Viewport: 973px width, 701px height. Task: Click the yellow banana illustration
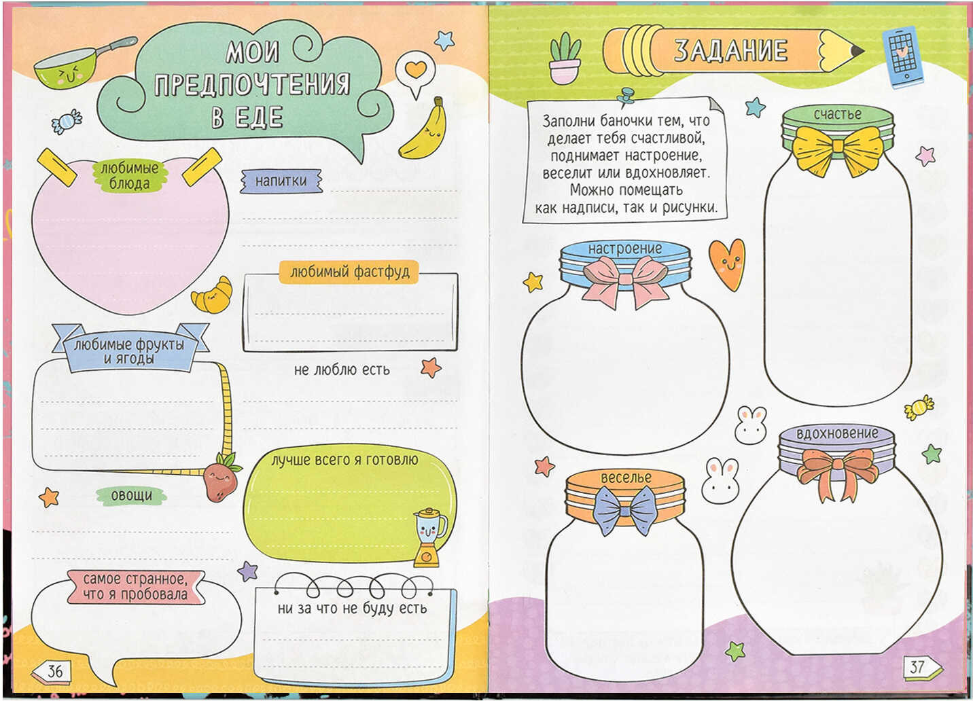423,130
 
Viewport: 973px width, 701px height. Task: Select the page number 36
55,671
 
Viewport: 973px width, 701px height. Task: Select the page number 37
917,666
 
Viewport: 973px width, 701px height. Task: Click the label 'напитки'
281,181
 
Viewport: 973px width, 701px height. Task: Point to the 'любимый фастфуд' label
349,272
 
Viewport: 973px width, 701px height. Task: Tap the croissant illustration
212,295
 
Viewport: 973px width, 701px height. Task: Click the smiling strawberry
222,478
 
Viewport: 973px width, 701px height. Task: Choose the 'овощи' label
132,496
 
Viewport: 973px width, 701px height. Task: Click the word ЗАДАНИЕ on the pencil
730,50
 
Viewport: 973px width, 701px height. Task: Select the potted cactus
565,58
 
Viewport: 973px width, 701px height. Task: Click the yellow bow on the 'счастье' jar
838,150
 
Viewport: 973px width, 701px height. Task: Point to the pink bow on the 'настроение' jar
625,281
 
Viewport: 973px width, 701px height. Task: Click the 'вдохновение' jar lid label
837,433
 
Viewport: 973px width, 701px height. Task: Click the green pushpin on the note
626,97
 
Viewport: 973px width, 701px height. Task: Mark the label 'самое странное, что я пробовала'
135,587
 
